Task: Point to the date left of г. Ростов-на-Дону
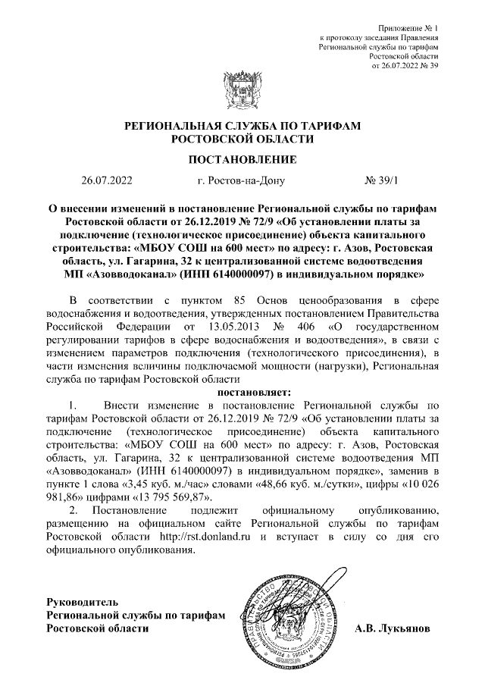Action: click(x=107, y=181)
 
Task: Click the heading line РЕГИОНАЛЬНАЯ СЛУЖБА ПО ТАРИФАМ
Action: click(x=242, y=125)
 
